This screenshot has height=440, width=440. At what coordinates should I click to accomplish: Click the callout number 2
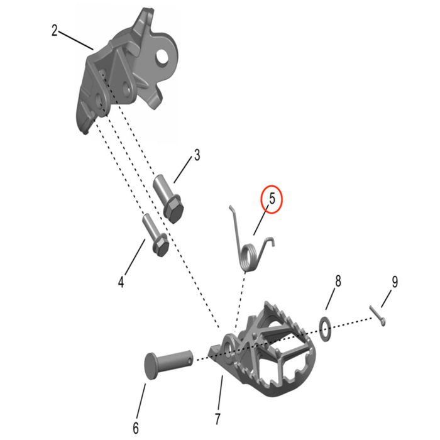tap(55, 30)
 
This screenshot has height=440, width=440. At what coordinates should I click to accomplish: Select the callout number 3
tap(197, 155)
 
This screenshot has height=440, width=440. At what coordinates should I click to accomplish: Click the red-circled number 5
tap(272, 199)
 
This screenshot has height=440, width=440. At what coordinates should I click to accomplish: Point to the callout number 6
tap(135, 429)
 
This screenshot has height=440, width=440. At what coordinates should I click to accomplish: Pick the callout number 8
tap(338, 281)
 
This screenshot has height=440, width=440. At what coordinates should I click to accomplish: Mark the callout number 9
tap(394, 282)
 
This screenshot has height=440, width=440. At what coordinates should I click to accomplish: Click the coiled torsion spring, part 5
tap(250, 249)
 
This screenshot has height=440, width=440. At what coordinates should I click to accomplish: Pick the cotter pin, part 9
tap(377, 315)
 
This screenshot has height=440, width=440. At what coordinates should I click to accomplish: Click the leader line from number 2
tap(75, 40)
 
